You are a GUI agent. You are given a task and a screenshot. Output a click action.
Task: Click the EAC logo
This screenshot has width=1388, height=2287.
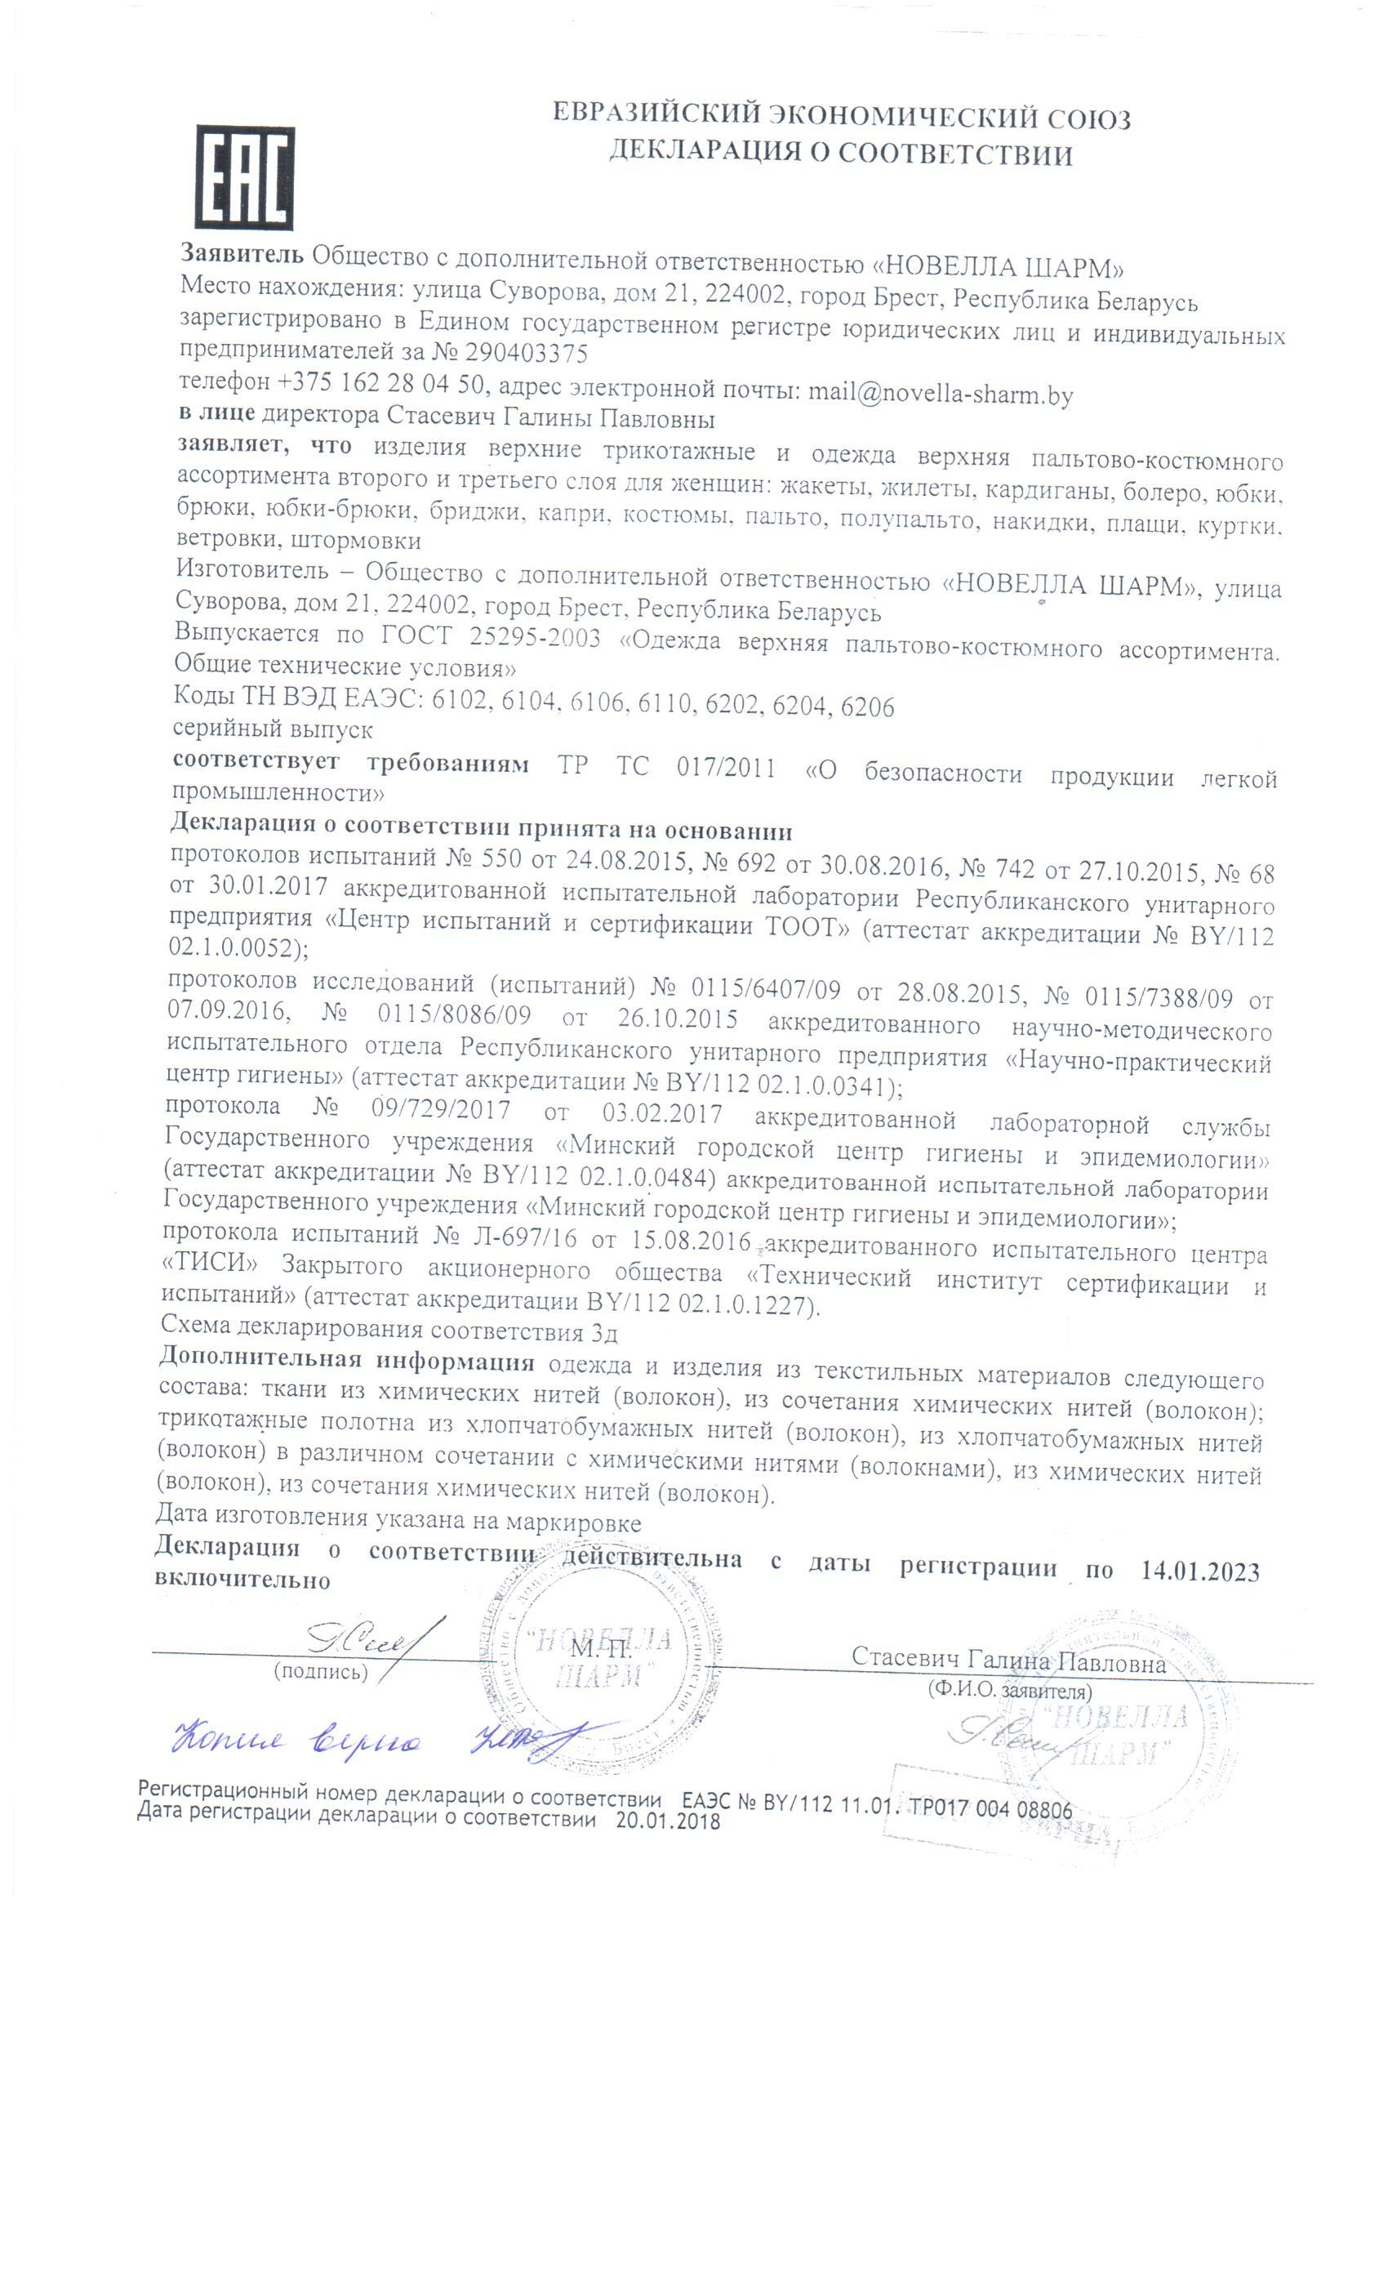coord(245,177)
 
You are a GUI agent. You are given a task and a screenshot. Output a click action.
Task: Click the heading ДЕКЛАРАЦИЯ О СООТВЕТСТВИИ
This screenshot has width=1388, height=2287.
coord(839,154)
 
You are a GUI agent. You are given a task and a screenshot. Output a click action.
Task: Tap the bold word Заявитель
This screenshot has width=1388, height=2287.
coord(241,253)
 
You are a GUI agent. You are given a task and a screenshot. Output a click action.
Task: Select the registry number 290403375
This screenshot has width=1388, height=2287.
coord(526,354)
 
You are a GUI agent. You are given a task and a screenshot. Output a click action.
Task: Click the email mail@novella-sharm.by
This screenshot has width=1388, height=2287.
coord(940,393)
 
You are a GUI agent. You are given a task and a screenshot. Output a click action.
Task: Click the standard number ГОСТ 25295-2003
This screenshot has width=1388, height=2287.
coord(490,637)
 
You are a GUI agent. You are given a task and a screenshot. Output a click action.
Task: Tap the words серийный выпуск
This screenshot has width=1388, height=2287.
coord(273,729)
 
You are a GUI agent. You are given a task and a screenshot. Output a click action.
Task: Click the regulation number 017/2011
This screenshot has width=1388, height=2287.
coord(726,767)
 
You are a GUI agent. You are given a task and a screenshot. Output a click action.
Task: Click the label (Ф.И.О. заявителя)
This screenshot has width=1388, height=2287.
coord(1009,1690)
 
